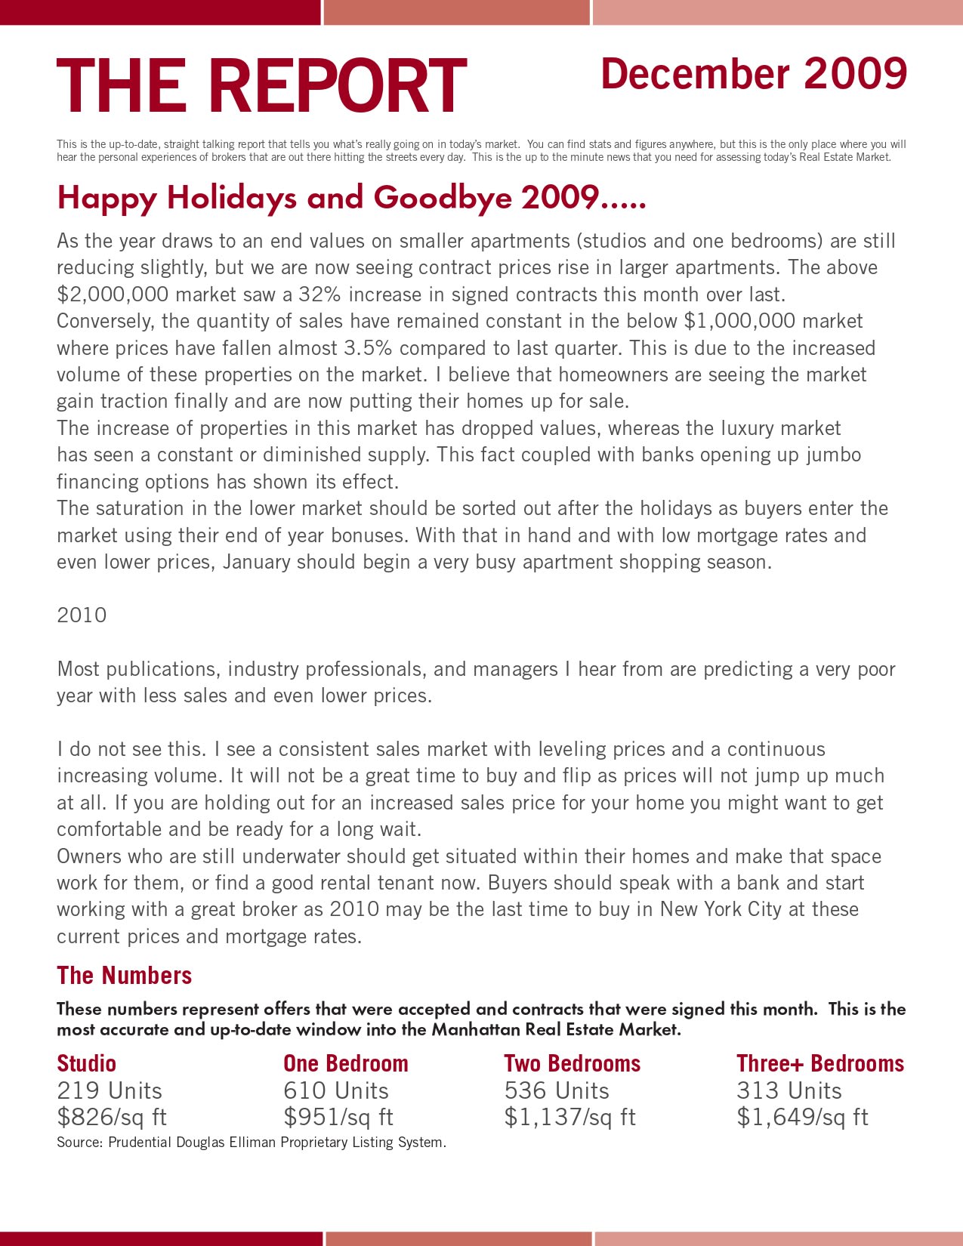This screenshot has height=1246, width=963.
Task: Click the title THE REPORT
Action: pyautogui.click(x=261, y=86)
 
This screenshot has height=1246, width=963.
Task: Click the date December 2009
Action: pyautogui.click(x=753, y=74)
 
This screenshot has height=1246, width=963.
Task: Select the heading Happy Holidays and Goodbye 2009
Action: pyautogui.click(x=351, y=198)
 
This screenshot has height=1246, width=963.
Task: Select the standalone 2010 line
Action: pyautogui.click(x=82, y=615)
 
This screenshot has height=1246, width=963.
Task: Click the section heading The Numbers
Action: pyautogui.click(x=124, y=976)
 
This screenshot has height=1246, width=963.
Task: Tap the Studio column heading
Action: pyautogui.click(x=86, y=1064)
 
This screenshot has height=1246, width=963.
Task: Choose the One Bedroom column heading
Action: pyautogui.click(x=345, y=1064)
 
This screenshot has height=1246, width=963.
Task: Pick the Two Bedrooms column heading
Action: pyautogui.click(x=572, y=1064)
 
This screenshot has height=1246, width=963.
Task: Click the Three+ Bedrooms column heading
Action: pyautogui.click(x=819, y=1064)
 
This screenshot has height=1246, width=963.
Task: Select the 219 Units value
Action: pyautogui.click(x=109, y=1091)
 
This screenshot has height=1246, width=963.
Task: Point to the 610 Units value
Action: pyautogui.click(x=335, y=1091)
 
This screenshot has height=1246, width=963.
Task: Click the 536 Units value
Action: pyautogui.click(x=556, y=1091)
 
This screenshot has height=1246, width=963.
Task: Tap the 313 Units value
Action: pyautogui.click(x=789, y=1091)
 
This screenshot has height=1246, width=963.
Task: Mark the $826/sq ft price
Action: pyautogui.click(x=111, y=1118)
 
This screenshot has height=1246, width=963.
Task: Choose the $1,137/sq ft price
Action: pyautogui.click(x=569, y=1118)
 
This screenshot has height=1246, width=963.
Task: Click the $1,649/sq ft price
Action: pyautogui.click(x=802, y=1118)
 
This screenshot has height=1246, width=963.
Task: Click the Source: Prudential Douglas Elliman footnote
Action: pyautogui.click(x=251, y=1143)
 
